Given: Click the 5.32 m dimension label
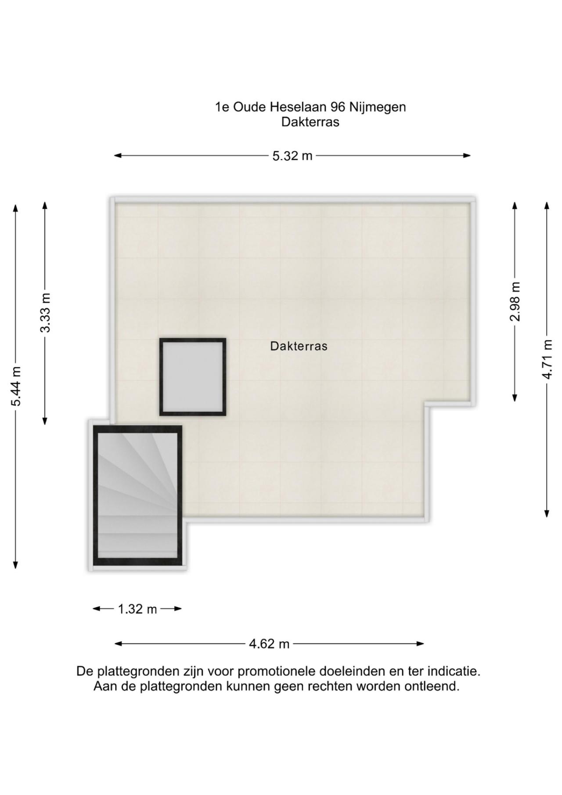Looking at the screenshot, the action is coord(292,156).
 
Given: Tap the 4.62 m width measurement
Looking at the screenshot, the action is coord(269,644).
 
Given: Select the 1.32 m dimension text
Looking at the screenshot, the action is coord(137,609).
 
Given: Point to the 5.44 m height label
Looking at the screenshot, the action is coord(16,387).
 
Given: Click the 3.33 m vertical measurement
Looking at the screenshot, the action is coord(45,313).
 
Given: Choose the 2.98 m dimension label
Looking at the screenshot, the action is coord(515,302).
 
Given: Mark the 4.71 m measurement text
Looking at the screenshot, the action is coord(547,359).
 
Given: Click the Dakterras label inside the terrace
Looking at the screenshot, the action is coord(299,346).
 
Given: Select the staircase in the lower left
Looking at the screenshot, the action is coord(138,495).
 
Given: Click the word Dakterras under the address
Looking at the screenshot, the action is coord(310,122).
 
